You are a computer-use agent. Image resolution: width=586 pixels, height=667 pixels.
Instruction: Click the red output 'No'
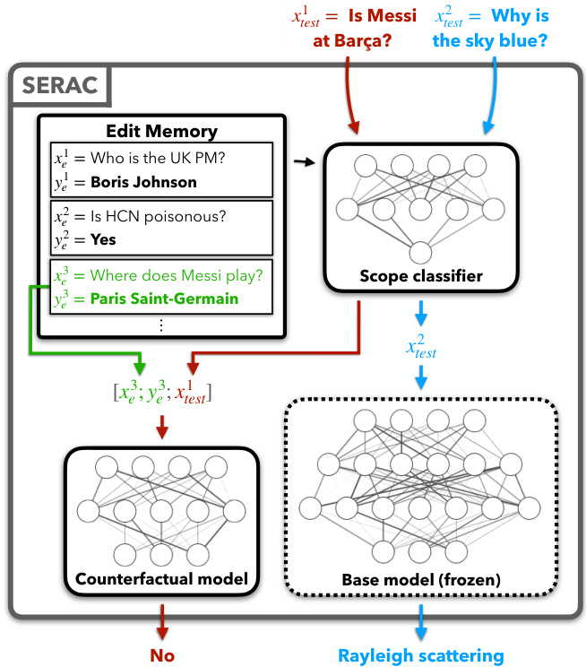click(162, 655)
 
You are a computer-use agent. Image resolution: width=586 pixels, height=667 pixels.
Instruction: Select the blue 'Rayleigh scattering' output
click(421, 655)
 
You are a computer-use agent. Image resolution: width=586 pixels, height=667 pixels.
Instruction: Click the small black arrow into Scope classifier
click(306, 161)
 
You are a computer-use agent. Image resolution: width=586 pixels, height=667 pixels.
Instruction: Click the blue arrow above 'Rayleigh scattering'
click(421, 619)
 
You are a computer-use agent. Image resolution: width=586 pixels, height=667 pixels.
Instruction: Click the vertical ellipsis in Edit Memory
click(161, 325)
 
